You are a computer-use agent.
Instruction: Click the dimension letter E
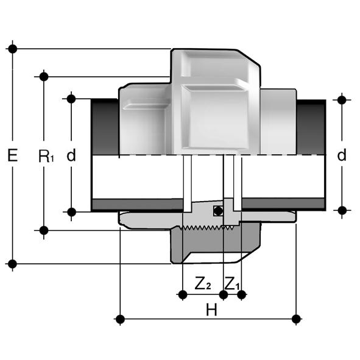click(13, 155)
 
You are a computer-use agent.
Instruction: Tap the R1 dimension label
click(46, 156)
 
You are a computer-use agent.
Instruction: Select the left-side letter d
click(71, 155)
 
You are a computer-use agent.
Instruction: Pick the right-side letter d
click(342, 155)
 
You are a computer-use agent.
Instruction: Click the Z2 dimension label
click(203, 283)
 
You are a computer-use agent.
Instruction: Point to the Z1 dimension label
click(232, 283)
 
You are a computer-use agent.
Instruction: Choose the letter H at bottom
click(211, 309)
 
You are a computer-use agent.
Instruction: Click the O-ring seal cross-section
click(218, 211)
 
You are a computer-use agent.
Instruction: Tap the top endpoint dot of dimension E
click(13, 49)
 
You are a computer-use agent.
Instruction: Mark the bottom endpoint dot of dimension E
click(12, 264)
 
